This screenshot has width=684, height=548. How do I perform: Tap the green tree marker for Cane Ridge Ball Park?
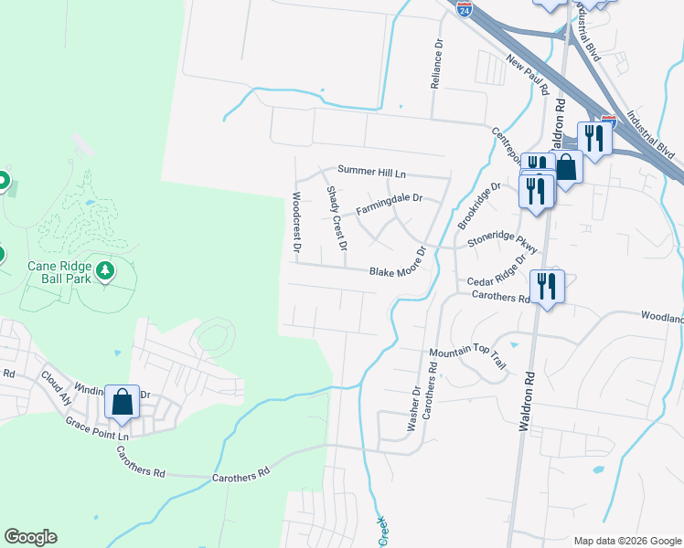click(x=106, y=270)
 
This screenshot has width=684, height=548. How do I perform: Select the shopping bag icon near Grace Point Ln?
click(x=122, y=402)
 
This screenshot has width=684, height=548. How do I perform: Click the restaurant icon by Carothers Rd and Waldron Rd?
click(x=547, y=287)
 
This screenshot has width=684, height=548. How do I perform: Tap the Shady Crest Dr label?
click(x=337, y=218)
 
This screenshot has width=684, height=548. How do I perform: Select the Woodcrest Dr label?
click(x=296, y=222)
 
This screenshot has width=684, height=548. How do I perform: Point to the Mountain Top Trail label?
click(x=468, y=358)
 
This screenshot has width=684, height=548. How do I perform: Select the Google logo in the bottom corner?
click(x=30, y=537)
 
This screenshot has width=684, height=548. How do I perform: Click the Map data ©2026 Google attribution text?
click(x=626, y=541)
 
